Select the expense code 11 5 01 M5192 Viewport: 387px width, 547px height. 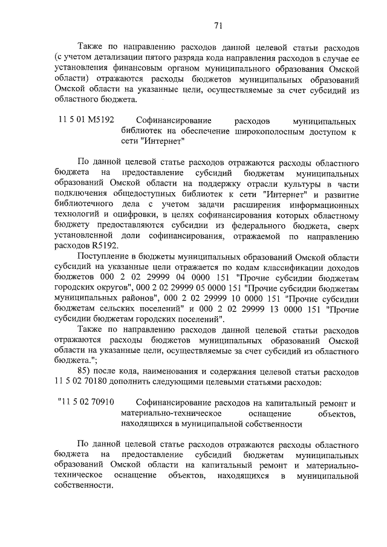(86, 120)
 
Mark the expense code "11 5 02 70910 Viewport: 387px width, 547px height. (86, 403)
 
